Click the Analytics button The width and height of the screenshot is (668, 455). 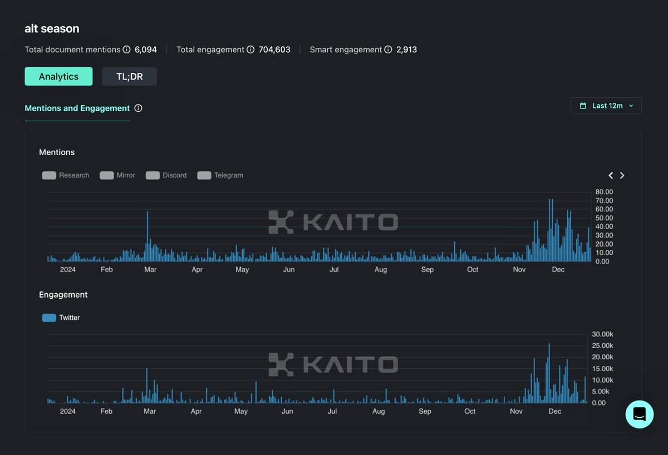(58, 77)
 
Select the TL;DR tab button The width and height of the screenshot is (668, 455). (129, 77)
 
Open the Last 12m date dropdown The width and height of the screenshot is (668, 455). (606, 106)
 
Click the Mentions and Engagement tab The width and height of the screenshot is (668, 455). (77, 108)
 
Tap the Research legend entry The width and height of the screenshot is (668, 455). (66, 175)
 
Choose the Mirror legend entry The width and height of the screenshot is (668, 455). (117, 175)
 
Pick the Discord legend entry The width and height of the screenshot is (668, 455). (166, 175)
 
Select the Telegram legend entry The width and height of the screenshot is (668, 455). (220, 175)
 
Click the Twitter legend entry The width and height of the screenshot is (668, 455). (61, 318)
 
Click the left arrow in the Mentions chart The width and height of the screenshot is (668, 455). (611, 175)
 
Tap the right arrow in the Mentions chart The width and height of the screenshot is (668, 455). (622, 175)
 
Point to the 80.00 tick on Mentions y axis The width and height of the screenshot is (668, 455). (604, 192)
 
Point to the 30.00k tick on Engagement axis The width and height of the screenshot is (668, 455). (602, 334)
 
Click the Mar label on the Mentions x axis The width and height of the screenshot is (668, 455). (150, 270)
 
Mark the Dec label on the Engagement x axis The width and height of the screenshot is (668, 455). (555, 412)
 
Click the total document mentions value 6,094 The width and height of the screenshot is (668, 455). (146, 50)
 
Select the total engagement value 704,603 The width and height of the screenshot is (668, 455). (274, 50)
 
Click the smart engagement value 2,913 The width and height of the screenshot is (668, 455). (406, 50)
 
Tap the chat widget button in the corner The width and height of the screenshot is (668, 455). (639, 414)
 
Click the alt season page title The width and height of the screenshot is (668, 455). (52, 28)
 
